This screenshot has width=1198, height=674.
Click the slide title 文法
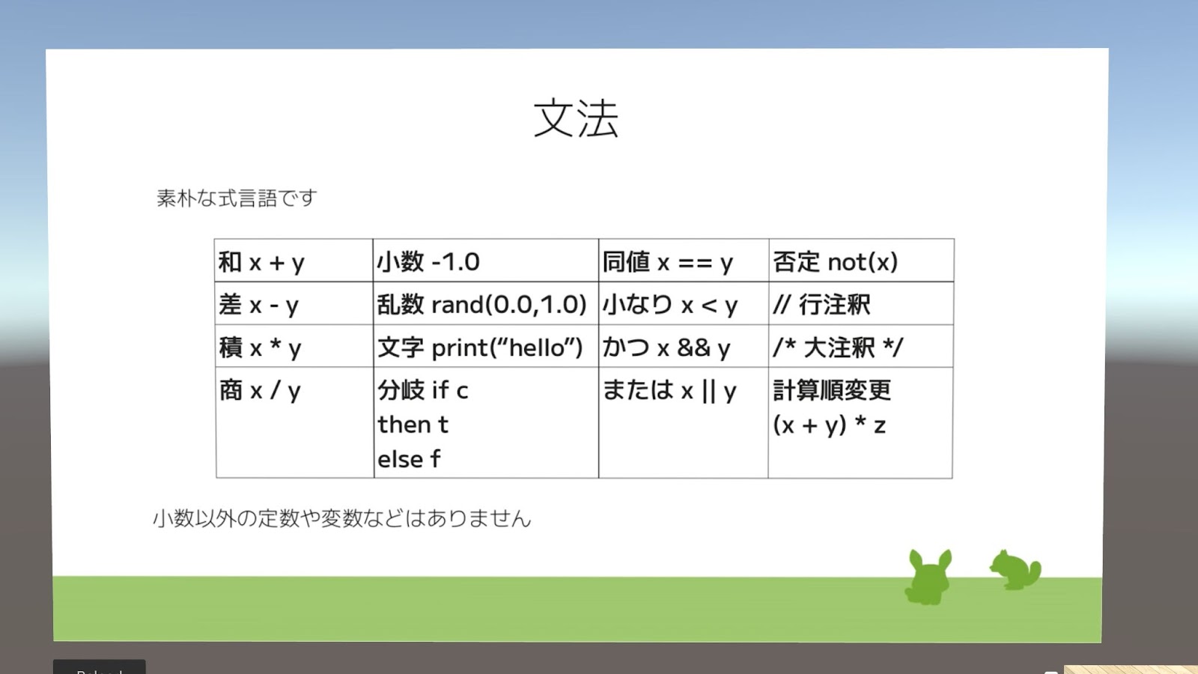(576, 118)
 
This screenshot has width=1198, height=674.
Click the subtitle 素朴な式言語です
(237, 198)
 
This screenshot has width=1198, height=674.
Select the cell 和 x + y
(294, 261)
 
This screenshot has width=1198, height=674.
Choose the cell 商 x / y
(295, 422)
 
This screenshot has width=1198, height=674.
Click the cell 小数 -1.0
(486, 261)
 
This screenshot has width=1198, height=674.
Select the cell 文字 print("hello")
(486, 346)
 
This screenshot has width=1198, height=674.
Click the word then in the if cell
(404, 424)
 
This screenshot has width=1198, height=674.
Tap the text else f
(409, 458)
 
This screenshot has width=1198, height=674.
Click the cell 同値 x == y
(684, 261)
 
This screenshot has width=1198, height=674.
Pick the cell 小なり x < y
(684, 303)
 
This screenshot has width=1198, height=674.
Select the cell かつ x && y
(684, 346)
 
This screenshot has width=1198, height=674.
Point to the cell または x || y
(684, 422)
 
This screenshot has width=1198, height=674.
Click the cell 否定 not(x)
(861, 261)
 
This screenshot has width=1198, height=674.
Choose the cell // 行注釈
(861, 303)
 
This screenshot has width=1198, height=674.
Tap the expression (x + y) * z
(829, 425)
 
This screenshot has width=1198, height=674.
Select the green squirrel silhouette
(1015, 570)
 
